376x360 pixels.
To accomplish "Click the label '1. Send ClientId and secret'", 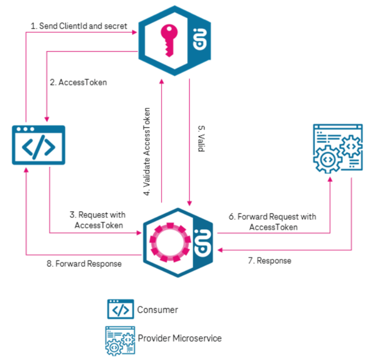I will tap(79, 26).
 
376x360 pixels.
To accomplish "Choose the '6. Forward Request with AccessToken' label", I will tap(273, 222).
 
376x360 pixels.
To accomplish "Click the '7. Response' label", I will tap(269, 260).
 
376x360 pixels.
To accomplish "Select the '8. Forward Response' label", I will tap(84, 263).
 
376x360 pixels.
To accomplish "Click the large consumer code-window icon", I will tap(38, 145).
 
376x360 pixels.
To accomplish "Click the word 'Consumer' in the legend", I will tap(158, 310).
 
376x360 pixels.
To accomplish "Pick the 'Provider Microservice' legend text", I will tap(180, 338).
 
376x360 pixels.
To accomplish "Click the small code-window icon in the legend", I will tap(120, 309).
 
